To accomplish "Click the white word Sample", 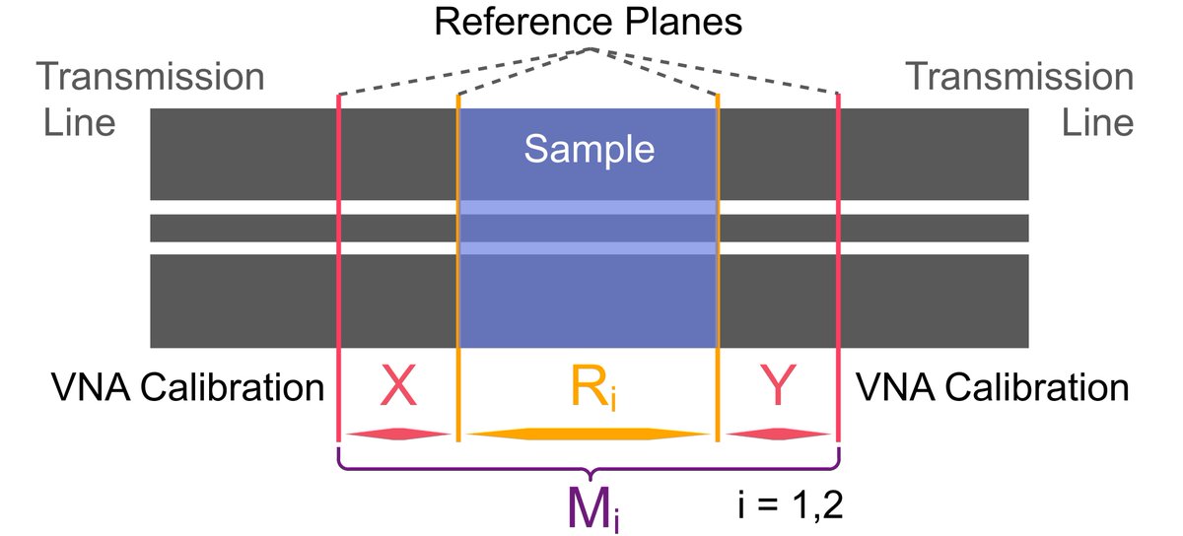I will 589,150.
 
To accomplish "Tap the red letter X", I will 397,389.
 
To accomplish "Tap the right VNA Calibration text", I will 993,388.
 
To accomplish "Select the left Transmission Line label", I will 150,100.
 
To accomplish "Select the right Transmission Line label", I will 1019,100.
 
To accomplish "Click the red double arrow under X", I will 397,434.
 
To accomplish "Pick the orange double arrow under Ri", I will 588,434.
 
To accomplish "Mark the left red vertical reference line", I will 339,266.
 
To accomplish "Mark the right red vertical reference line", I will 838,266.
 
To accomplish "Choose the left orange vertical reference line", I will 458,266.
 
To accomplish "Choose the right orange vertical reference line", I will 718,266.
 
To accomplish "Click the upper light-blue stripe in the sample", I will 589,208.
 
